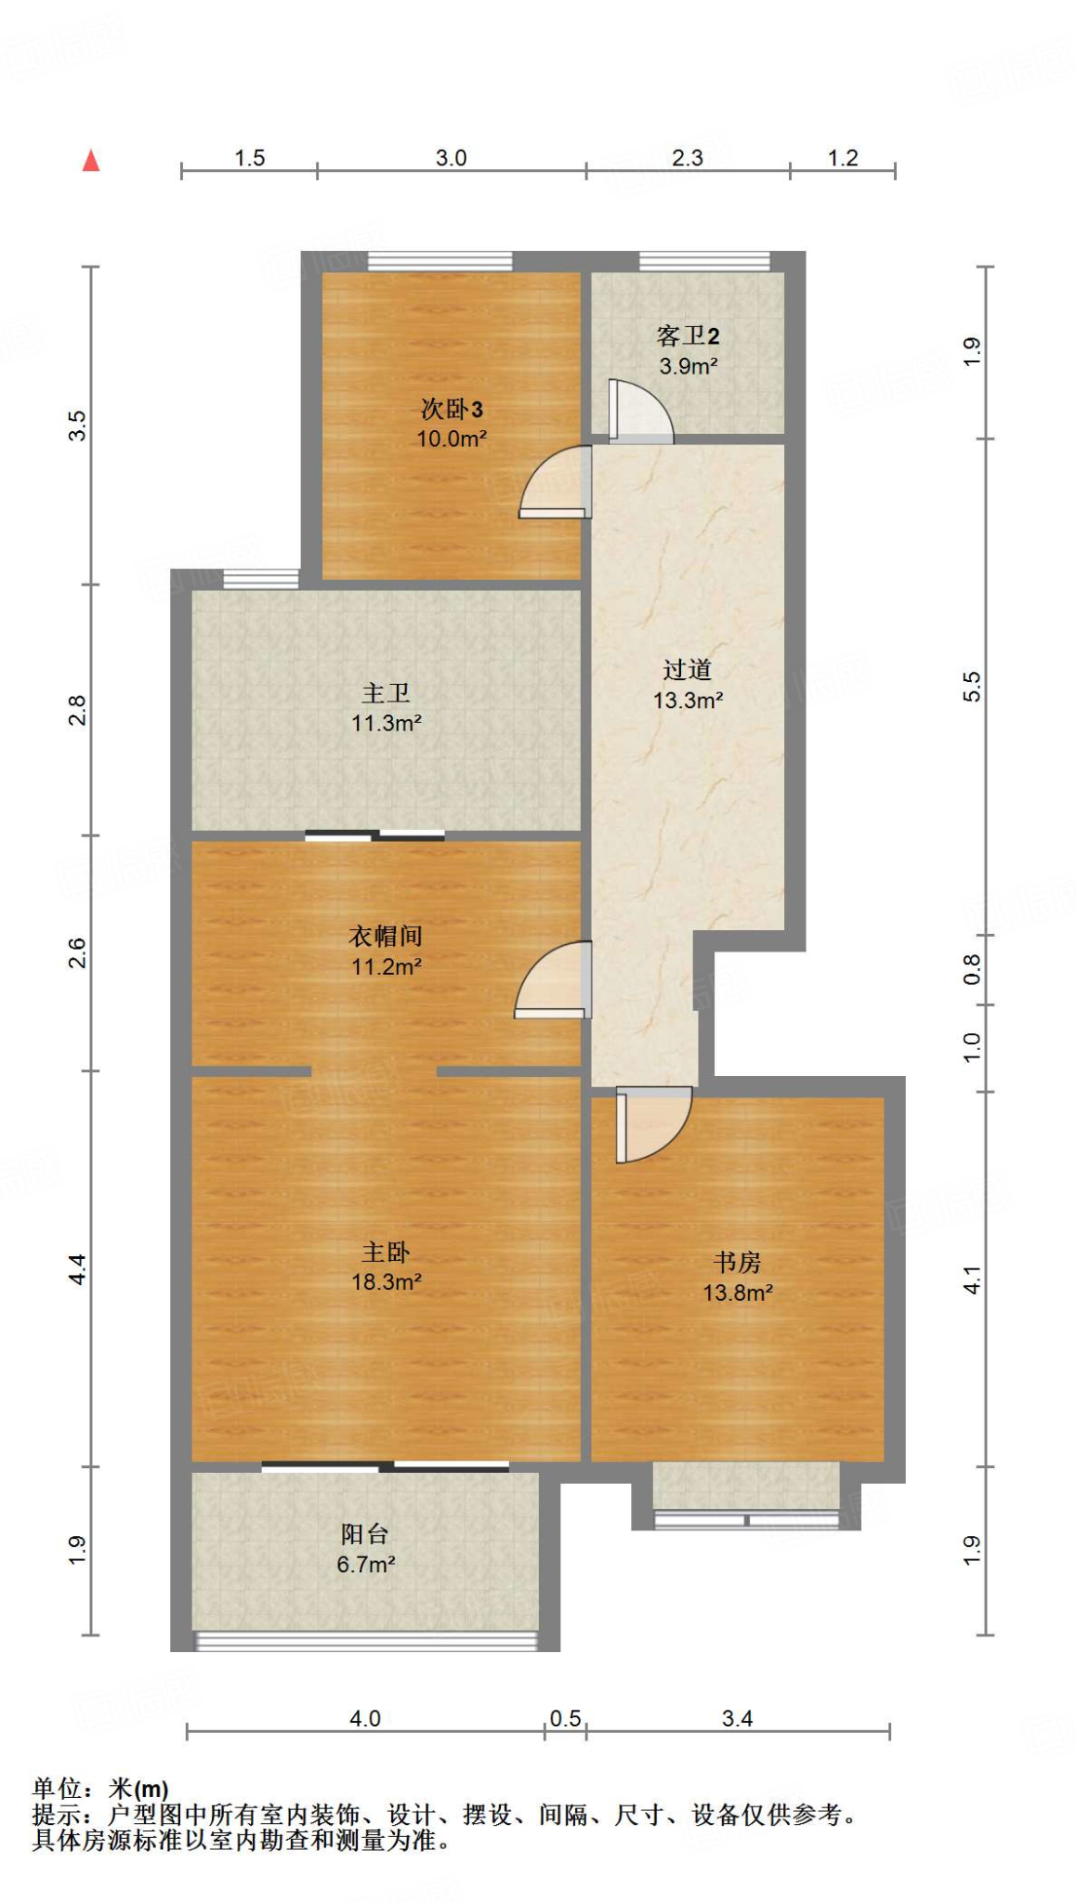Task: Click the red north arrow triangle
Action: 91,161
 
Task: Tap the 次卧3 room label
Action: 452,409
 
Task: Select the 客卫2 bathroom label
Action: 688,335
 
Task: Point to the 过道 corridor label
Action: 688,669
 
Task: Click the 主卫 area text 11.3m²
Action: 387,723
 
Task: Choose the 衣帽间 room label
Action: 386,936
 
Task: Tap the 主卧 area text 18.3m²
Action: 387,1282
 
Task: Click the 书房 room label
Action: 738,1262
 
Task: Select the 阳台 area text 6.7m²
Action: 366,1565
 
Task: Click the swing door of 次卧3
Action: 555,481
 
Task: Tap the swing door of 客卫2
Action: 640,411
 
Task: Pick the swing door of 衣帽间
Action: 553,979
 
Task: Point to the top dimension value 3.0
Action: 452,158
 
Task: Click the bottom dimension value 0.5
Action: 565,1719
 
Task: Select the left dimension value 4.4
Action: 78,1269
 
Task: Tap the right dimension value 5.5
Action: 972,687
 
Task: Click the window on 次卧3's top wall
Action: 440,261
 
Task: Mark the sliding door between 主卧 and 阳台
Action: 386,1466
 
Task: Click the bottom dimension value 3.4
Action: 738,1719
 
